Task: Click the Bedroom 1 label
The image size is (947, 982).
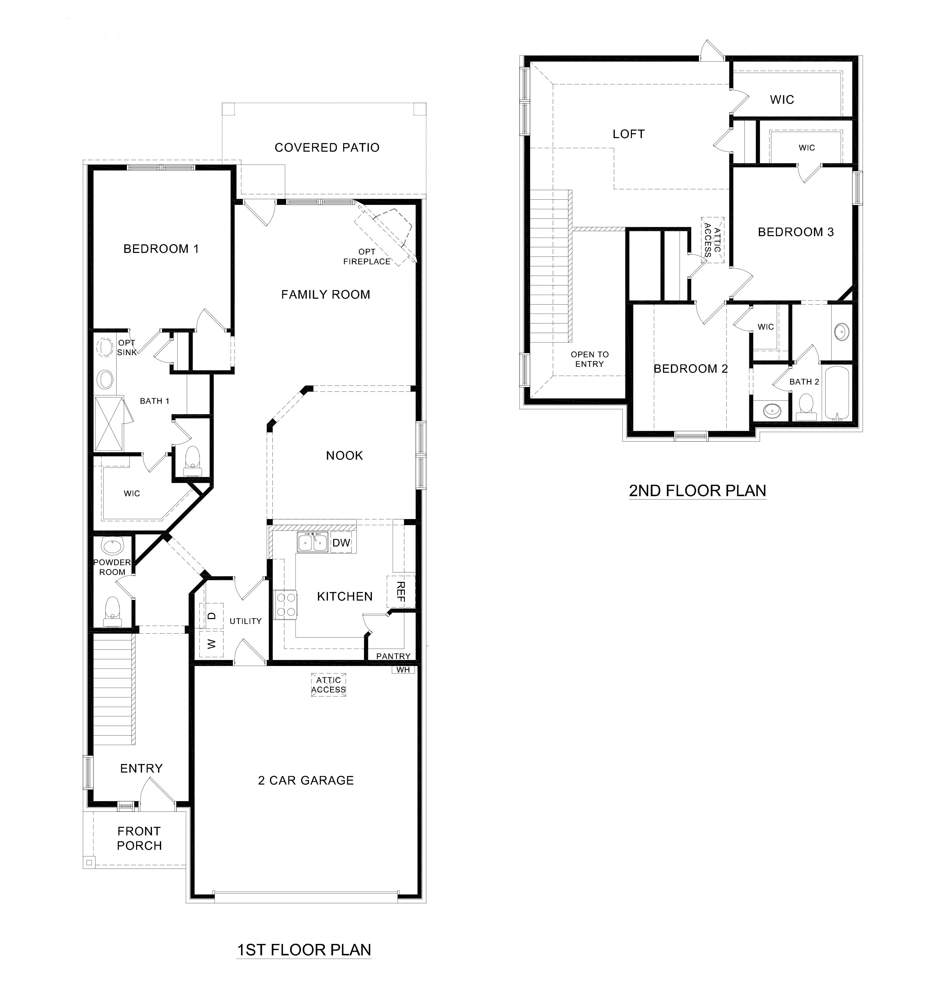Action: (161, 249)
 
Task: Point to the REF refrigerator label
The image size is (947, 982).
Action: (400, 592)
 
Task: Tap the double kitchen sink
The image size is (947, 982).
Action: (312, 542)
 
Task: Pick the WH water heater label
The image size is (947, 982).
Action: (403, 670)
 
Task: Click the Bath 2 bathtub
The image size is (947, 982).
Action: (837, 393)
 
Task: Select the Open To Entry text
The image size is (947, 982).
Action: (589, 359)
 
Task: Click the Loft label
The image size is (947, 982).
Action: (628, 134)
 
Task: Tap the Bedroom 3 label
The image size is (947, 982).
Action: (796, 232)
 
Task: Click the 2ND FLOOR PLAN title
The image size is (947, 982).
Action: (697, 490)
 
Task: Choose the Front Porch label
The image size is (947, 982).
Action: (139, 838)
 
